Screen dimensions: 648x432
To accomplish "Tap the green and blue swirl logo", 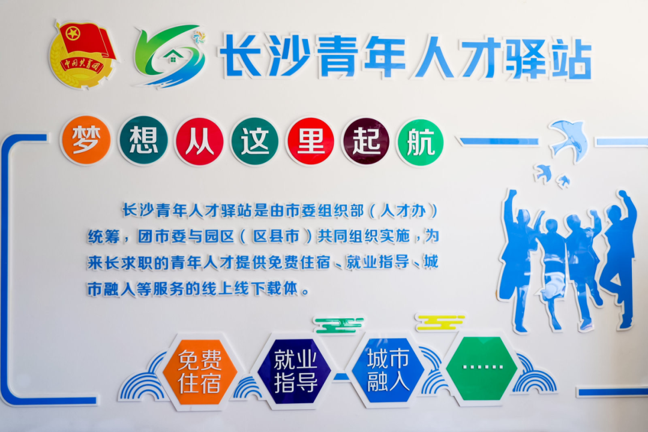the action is coord(169,56).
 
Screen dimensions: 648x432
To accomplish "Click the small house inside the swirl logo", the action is coord(171,57).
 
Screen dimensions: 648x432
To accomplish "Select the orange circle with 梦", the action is coord(86,140).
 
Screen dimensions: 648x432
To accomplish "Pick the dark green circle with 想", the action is coord(143,141).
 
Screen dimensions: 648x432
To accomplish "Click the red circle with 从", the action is coord(200,141).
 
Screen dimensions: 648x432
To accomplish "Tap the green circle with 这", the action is coord(254,141).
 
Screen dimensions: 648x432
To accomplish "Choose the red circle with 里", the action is coord(310,141).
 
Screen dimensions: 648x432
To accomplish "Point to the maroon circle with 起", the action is coord(366,141).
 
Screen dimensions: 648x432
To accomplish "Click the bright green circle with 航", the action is coord(420,143).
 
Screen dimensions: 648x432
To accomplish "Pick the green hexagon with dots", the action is coord(482,368).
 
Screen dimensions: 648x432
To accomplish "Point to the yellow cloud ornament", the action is coord(440,322).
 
